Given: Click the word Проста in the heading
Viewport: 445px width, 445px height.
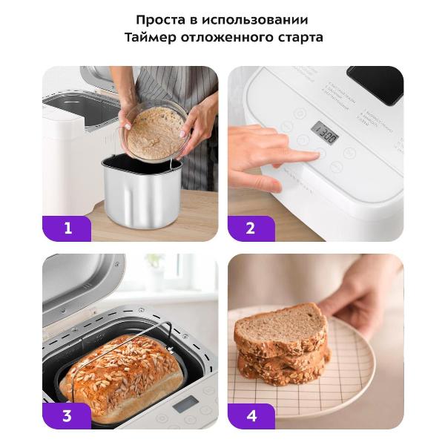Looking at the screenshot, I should click(x=158, y=19).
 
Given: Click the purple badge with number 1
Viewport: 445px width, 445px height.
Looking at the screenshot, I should click(x=67, y=228).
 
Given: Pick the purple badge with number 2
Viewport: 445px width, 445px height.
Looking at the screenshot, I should click(x=251, y=228).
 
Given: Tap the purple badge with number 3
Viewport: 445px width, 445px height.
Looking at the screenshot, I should click(x=67, y=415).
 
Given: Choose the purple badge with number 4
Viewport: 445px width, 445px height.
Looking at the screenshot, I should click(x=251, y=415).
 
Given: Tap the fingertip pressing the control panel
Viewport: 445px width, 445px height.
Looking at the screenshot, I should click(x=317, y=154).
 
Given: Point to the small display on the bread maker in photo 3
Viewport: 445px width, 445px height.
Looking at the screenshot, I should click(x=185, y=404).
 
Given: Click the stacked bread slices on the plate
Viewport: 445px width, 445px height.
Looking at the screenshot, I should click(x=282, y=345).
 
